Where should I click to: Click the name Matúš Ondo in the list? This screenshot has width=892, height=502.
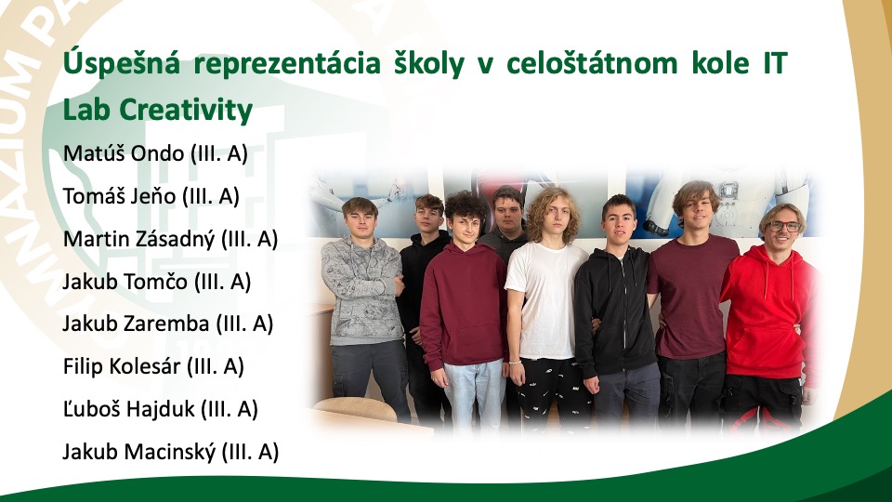tap(124, 153)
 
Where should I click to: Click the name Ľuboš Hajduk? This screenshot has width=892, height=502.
tap(128, 409)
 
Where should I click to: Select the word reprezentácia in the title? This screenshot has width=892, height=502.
tap(287, 64)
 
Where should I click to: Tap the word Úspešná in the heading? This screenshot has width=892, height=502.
tap(121, 62)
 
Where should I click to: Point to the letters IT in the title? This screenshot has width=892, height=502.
tap(775, 62)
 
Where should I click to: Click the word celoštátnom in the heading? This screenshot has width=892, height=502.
tap(592, 62)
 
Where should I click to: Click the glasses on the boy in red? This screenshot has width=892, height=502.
tap(786, 226)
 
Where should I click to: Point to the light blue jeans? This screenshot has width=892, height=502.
tap(474, 392)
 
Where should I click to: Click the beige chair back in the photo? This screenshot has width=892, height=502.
tap(356, 409)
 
